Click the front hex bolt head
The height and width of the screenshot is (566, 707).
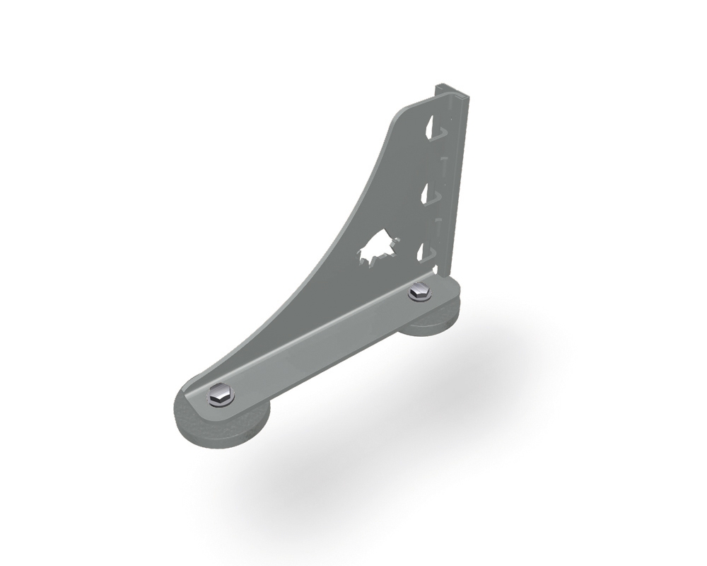click(221, 395)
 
